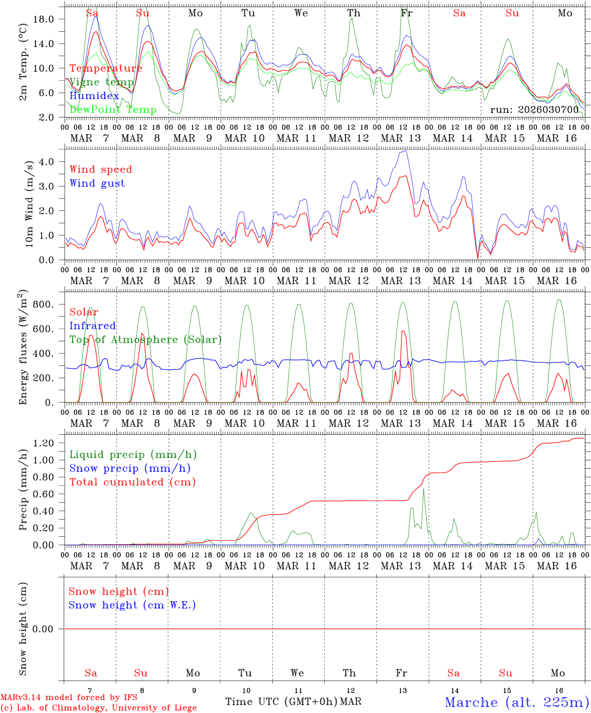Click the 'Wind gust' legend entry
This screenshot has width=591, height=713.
pyautogui.click(x=97, y=183)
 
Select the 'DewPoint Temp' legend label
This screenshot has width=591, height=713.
pyautogui.click(x=113, y=109)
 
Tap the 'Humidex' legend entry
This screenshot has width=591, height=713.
pyautogui.click(x=94, y=96)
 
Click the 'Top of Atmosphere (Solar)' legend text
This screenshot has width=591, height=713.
pyautogui.click(x=145, y=340)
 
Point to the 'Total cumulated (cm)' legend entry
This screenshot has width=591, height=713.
pyautogui.click(x=132, y=482)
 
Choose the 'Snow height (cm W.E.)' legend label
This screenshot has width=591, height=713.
pyautogui.click(x=132, y=605)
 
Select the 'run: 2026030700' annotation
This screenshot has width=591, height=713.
pyautogui.click(x=534, y=109)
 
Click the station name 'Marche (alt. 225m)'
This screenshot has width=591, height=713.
pyautogui.click(x=516, y=702)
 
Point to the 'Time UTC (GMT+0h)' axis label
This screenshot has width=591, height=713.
pyautogui.click(x=281, y=702)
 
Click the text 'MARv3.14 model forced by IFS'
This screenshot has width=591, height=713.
pyautogui.click(x=69, y=697)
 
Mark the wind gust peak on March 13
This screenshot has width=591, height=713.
pyautogui.click(x=405, y=151)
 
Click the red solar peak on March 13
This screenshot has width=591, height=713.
pyautogui.click(x=403, y=331)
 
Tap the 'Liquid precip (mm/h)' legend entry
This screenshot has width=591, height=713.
pyautogui.click(x=133, y=455)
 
